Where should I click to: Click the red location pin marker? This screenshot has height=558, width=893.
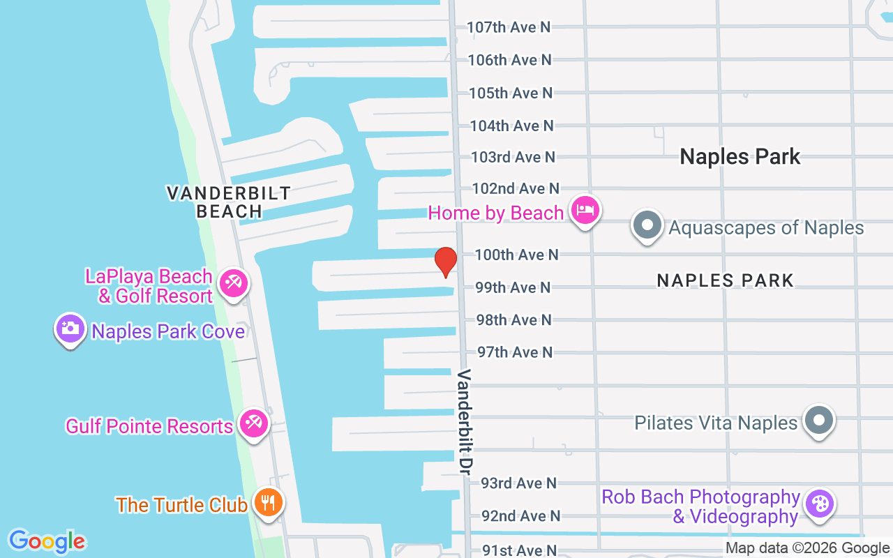(x=446, y=262)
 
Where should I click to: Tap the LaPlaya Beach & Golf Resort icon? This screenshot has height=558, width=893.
(x=233, y=284)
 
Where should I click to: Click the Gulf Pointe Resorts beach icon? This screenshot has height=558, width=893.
(x=253, y=423)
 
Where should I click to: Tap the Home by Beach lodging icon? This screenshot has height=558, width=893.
(x=585, y=211)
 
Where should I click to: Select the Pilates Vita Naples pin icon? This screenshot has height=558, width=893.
(x=819, y=421)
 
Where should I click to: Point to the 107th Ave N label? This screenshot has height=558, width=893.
(x=509, y=27)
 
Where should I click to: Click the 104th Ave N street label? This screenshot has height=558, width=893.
(x=511, y=126)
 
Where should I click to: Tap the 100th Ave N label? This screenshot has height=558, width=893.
(x=516, y=255)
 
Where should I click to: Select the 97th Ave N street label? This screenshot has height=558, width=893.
(x=515, y=352)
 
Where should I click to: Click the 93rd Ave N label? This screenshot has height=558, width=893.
(x=519, y=483)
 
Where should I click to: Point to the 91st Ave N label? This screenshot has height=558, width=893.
(x=519, y=550)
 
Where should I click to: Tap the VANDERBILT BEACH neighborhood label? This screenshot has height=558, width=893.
(x=229, y=202)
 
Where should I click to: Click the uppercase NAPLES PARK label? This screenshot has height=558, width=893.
(x=725, y=280)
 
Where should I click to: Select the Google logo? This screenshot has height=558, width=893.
(x=47, y=541)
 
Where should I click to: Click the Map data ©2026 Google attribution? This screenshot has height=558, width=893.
(x=807, y=548)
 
